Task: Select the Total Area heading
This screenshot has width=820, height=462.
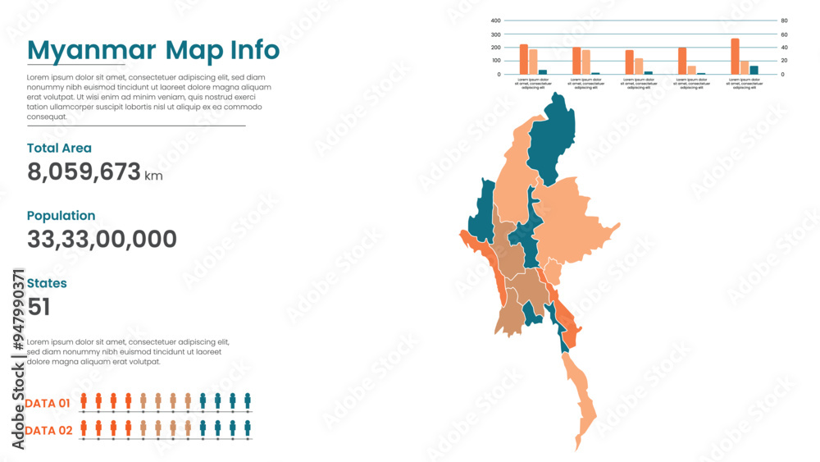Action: pyautogui.click(x=59, y=149)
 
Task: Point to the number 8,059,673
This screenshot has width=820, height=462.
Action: pyautogui.click(x=83, y=172)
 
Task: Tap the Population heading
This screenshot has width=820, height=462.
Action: pyautogui.click(x=61, y=216)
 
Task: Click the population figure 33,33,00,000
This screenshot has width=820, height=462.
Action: pyautogui.click(x=102, y=240)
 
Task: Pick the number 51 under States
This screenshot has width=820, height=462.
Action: pyautogui.click(x=39, y=307)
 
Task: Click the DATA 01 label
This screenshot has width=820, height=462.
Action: pyautogui.click(x=48, y=403)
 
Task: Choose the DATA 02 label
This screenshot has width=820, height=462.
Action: pyautogui.click(x=48, y=431)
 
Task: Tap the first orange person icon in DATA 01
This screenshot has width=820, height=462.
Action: pyautogui.click(x=83, y=400)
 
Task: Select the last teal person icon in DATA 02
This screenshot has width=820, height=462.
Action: pyautogui.click(x=248, y=428)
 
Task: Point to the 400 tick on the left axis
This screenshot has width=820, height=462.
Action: pyautogui.click(x=496, y=21)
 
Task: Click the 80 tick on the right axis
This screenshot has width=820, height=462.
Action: pyautogui.click(x=784, y=21)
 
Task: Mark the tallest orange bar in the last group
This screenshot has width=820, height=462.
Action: pyautogui.click(x=735, y=57)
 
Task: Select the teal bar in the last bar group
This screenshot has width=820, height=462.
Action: pyautogui.click(x=754, y=70)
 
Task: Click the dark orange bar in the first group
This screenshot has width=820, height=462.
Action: pyautogui.click(x=523, y=59)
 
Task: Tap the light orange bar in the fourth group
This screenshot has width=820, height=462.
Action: pyautogui.click(x=691, y=70)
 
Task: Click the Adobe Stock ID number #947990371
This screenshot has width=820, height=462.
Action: pyautogui.click(x=18, y=311)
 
